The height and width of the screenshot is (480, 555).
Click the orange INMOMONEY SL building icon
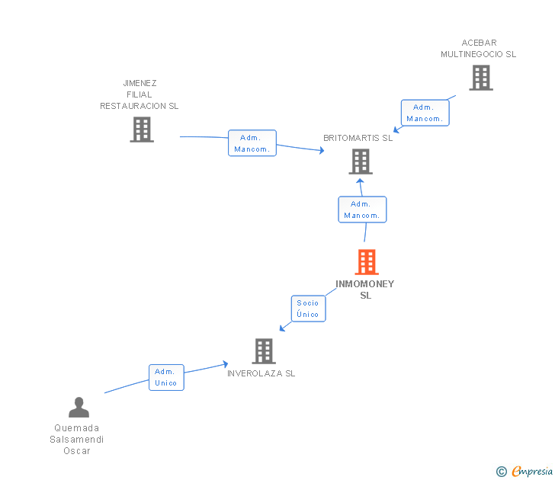tap(367, 262)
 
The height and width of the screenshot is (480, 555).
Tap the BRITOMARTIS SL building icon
tap(361, 162)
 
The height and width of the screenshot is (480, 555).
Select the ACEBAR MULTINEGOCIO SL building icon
tap(480, 78)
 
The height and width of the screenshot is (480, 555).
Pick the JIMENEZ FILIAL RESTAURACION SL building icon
tap(142, 130)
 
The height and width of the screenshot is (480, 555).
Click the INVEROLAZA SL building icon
tap(264, 351)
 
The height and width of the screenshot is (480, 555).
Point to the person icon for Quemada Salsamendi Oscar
tap(79, 408)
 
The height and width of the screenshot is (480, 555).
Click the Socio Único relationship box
tap(308, 309)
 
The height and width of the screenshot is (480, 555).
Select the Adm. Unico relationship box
tap(166, 377)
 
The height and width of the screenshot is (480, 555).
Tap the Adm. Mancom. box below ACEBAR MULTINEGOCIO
tap(425, 113)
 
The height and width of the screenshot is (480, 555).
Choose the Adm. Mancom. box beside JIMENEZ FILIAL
tap(252, 143)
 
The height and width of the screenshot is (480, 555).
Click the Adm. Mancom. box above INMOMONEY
tap(362, 210)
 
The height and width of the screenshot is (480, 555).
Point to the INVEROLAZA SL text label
tap(261, 373)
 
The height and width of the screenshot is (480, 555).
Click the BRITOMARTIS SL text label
tap(358, 138)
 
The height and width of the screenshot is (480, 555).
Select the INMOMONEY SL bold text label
tap(365, 290)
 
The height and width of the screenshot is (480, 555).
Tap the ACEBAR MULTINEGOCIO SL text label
tap(478, 49)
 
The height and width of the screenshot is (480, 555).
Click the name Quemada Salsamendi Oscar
tap(77, 439)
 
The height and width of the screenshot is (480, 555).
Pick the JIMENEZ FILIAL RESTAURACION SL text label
tap(139, 94)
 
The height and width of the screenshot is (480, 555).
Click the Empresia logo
tap(531, 472)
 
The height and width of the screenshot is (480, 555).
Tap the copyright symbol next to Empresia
tap(502, 472)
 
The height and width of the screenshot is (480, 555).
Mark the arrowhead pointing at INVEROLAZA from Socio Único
tap(282, 328)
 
